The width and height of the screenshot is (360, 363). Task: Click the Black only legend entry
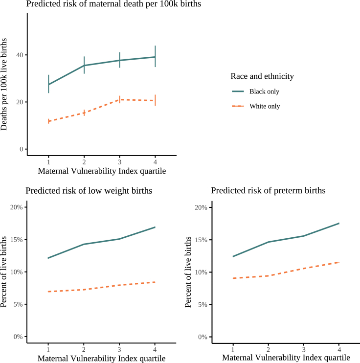click(264, 91)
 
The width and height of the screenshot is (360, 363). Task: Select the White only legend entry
click(264, 106)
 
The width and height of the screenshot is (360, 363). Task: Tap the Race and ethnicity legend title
click(262, 76)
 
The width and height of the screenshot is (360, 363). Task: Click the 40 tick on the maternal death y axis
click(19, 55)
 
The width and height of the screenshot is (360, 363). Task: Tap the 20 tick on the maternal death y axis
click(19, 102)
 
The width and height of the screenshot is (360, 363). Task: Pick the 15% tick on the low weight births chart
click(16, 240)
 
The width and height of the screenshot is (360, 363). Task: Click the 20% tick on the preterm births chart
click(201, 207)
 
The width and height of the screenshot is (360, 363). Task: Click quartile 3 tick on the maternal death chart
click(119, 161)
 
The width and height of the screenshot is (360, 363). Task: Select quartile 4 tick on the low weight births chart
click(155, 349)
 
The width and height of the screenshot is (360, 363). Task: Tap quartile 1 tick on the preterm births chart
click(233, 349)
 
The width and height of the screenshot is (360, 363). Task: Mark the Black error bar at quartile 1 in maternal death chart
click(48, 84)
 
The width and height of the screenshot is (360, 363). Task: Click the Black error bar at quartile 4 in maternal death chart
click(155, 56)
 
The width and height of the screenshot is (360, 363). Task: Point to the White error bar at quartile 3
click(119, 99)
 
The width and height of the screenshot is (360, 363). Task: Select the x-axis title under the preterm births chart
click(287, 358)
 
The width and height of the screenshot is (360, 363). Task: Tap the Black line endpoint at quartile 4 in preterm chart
click(339, 223)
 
